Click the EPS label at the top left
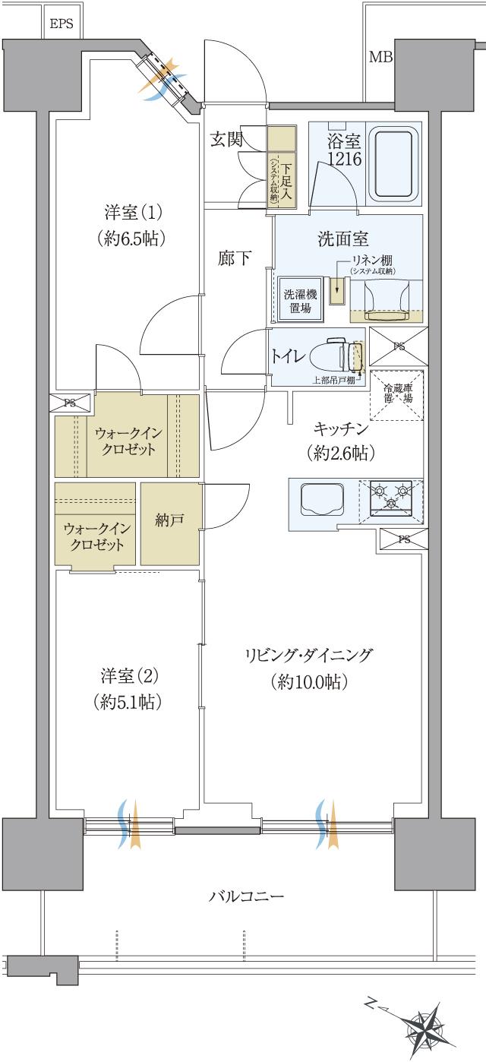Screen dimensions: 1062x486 coord(61,24)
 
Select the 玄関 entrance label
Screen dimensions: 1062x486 coord(226,139)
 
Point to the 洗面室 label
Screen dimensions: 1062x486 coord(342,239)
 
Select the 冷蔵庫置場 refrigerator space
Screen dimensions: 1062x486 coord(396,394)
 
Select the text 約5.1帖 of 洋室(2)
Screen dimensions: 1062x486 coord(127,702)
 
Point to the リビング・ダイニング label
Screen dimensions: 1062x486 coord(308,656)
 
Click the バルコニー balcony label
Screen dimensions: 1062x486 coord(247,896)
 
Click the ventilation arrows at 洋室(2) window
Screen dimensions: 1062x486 coord(130,823)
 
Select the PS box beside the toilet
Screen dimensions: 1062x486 coord(399,346)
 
